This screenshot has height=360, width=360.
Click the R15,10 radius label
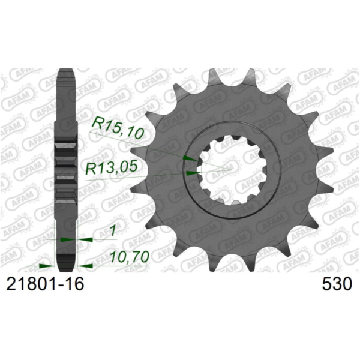(x=118, y=127)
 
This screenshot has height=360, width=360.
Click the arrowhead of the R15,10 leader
(x=188, y=158)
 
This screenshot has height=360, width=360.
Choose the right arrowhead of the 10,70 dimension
(x=85, y=264)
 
